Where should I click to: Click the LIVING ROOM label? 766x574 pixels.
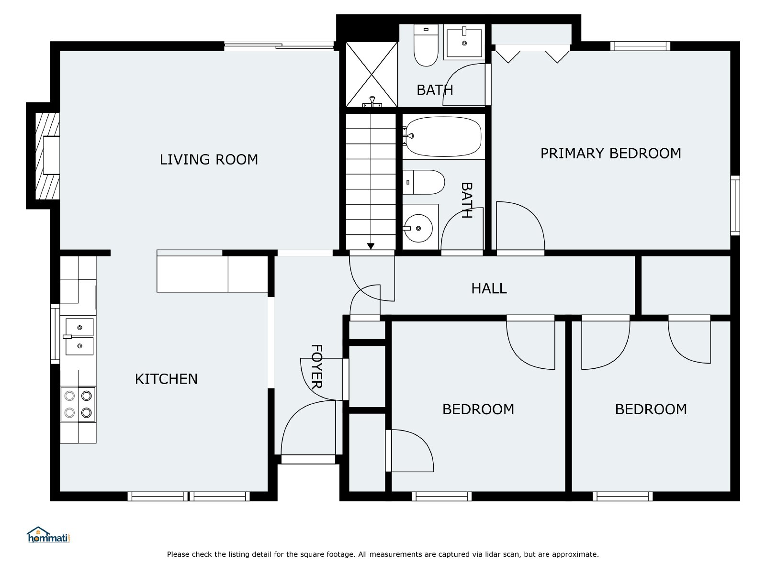[209, 160]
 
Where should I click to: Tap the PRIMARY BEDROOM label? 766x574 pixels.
[611, 154]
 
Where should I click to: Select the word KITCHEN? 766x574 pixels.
[166, 379]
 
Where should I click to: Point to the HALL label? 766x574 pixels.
[489, 288]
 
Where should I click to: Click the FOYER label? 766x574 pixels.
[316, 366]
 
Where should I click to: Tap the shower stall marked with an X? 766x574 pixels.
[372, 75]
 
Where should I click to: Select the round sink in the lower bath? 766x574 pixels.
[418, 228]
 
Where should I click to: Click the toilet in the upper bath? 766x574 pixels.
[426, 45]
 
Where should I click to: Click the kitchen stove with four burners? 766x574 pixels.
[78, 404]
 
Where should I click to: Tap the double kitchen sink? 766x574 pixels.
[79, 337]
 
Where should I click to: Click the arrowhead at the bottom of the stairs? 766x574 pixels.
[371, 246]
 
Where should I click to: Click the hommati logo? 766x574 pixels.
[48, 535]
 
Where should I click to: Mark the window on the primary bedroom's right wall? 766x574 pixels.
[735, 206]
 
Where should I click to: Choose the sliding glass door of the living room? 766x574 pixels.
[279, 46]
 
